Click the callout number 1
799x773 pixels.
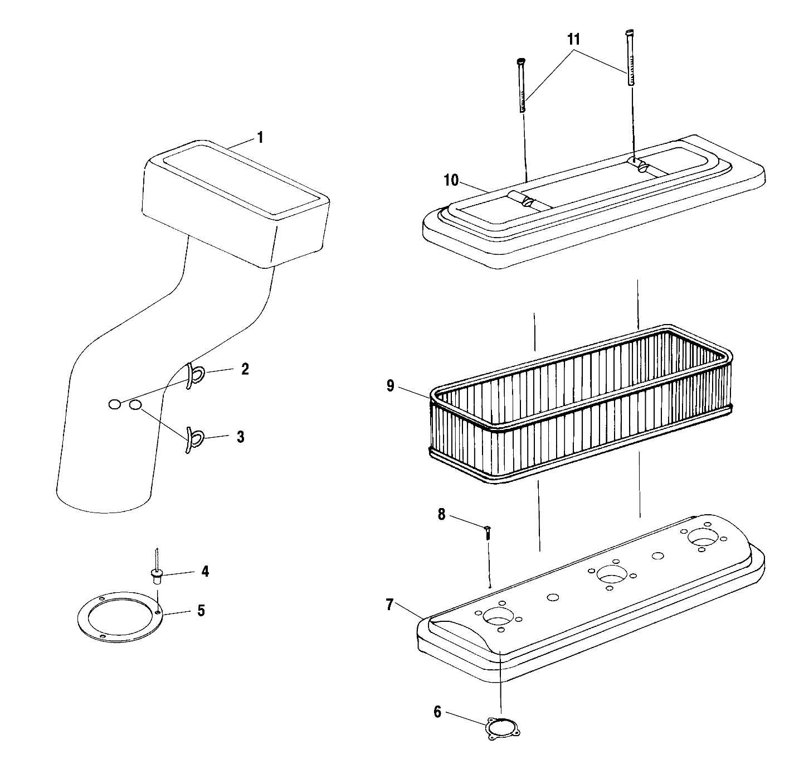260,137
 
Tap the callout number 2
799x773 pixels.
245,369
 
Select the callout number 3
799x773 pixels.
240,437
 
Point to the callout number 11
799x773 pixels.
573,40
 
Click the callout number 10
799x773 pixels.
451,180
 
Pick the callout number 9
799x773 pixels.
390,386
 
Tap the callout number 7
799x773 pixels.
390,603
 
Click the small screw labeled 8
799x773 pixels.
487,532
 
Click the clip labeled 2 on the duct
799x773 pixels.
191,376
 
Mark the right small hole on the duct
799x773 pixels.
135,405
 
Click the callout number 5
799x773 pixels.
201,610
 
